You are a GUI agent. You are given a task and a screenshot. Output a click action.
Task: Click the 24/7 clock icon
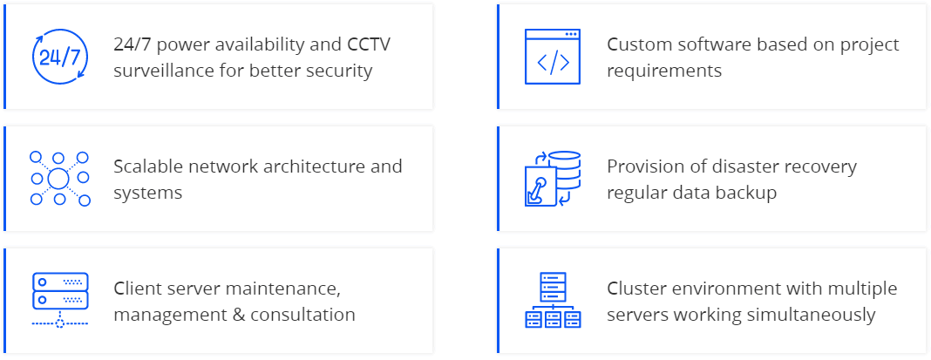(x=59, y=58)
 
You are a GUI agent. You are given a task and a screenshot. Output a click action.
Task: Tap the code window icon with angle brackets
(x=553, y=58)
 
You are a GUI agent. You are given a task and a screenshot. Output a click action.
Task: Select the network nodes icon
(x=59, y=180)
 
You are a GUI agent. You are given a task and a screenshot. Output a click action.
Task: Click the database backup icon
(x=553, y=180)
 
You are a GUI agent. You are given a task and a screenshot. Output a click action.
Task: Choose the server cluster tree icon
(x=553, y=301)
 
